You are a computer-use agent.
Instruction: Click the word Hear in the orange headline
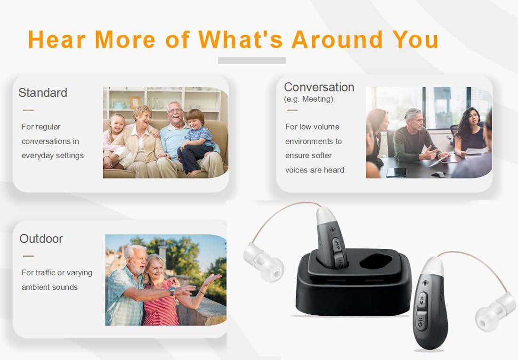coord(57,39)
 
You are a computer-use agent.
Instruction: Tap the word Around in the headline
coord(337,39)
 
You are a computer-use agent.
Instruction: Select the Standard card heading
coord(42,92)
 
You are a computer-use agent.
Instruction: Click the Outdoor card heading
coord(41,238)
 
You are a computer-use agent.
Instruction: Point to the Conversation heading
coord(319,87)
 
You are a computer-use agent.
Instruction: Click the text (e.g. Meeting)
coord(308,99)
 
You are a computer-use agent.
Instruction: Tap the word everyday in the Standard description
coord(36,155)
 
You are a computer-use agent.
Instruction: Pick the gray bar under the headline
coord(252,60)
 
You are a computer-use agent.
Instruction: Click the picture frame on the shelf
coord(135,102)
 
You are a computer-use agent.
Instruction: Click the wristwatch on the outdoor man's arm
coord(172,291)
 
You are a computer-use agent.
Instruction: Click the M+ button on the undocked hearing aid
coord(422,300)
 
